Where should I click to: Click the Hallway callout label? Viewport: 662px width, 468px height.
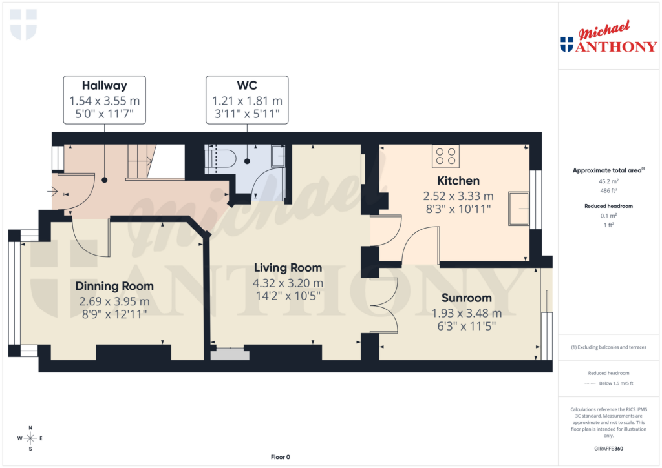[104, 86]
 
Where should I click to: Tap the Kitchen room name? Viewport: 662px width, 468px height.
[458, 181]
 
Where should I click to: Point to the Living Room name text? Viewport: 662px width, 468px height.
[288, 268]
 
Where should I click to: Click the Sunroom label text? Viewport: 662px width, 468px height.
[467, 298]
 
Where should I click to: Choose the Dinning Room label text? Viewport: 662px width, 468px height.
[114, 286]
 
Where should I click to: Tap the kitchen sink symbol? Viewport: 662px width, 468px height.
[518, 208]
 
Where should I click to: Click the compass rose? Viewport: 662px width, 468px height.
[30, 438]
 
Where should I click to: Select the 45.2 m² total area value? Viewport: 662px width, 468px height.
[607, 181]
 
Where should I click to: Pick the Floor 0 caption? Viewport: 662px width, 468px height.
[280, 457]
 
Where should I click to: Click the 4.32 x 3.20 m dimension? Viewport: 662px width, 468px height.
[288, 283]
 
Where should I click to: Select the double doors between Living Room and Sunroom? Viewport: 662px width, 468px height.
[383, 306]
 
